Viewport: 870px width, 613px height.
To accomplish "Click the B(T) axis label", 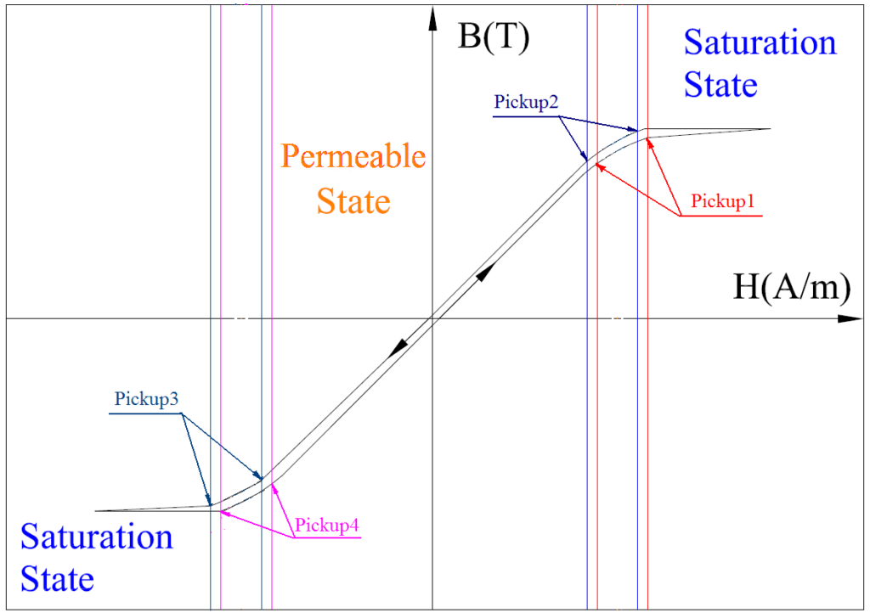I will [493, 38].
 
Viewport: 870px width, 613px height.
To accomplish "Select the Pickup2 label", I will [526, 103].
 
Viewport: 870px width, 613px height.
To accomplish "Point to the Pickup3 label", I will [145, 398].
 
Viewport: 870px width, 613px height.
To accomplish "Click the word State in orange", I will [353, 201].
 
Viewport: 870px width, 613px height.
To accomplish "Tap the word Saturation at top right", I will [760, 42].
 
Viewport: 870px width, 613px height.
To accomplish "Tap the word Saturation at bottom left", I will [97, 537].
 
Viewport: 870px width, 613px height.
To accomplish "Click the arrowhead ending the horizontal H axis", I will [850, 319].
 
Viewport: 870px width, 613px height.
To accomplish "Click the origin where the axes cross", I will [433, 319].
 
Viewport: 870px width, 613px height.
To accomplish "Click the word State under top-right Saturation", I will [720, 86].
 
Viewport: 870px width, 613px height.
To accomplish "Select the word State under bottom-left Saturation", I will [57, 580].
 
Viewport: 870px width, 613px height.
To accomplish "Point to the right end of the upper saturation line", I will [770, 129].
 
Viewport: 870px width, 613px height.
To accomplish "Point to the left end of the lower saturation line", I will [97, 511].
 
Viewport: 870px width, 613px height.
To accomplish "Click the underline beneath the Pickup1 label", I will [722, 216].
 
